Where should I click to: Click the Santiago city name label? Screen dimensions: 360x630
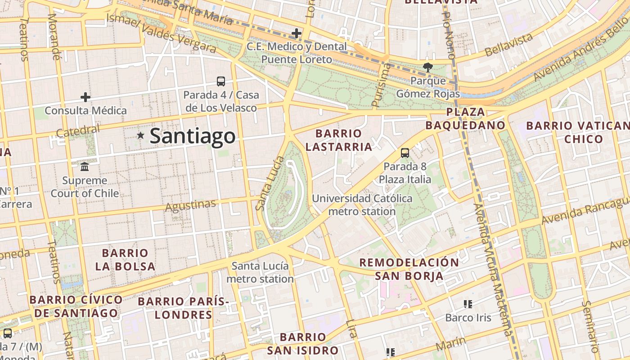(192, 136)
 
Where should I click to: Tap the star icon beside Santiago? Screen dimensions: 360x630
(140, 135)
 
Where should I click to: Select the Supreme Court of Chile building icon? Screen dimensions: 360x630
(85, 167)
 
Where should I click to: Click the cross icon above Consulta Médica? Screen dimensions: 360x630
(85, 97)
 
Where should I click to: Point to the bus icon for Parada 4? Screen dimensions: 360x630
(221, 81)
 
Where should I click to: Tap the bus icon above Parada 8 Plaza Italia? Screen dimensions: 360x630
(405, 153)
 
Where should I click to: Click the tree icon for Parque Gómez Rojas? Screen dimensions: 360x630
(427, 67)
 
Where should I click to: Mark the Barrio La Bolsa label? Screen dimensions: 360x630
(125, 260)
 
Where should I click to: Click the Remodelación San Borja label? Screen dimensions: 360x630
(409, 269)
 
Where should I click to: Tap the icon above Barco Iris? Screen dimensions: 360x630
(468, 304)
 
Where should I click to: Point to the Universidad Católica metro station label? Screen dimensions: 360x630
(362, 205)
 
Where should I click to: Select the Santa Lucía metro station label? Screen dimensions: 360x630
(260, 272)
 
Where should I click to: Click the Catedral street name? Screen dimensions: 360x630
(78, 131)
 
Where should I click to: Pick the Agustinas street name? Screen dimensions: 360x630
(190, 206)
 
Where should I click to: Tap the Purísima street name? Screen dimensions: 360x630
(381, 85)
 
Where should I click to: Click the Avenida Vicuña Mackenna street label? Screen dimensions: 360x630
(493, 270)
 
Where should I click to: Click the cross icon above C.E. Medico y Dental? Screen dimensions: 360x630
(297, 33)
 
